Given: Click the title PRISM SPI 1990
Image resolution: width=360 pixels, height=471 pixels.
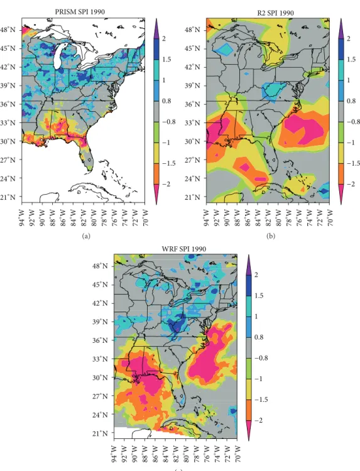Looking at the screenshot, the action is pyautogui.click(x=80, y=12).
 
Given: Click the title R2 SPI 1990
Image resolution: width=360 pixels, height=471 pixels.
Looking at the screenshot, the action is pyautogui.click(x=276, y=13).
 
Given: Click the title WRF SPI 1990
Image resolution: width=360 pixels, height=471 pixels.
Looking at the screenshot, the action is pyautogui.click(x=184, y=249).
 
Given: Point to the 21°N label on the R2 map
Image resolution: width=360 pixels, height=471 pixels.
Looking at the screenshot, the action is pyautogui.click(x=192, y=197).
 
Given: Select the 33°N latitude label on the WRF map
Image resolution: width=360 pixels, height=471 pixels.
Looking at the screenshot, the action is pyautogui.click(x=100, y=359).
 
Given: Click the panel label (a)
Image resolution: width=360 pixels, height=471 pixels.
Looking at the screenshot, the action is pyautogui.click(x=86, y=236).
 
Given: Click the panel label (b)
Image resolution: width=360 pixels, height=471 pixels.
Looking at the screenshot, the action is pyautogui.click(x=270, y=236).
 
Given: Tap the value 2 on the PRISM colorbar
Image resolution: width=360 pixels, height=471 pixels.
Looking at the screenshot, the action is pyautogui.click(x=164, y=39).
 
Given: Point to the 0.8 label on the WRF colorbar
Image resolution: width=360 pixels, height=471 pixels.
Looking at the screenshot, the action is pyautogui.click(x=259, y=337).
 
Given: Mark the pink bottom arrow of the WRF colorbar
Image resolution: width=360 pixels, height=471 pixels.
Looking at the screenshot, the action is pyautogui.click(x=249, y=430).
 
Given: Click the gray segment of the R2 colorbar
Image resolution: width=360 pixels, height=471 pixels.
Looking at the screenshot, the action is pyautogui.click(x=341, y=111).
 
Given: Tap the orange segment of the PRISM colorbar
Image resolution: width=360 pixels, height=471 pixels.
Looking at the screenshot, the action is pyautogui.click(x=156, y=174).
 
